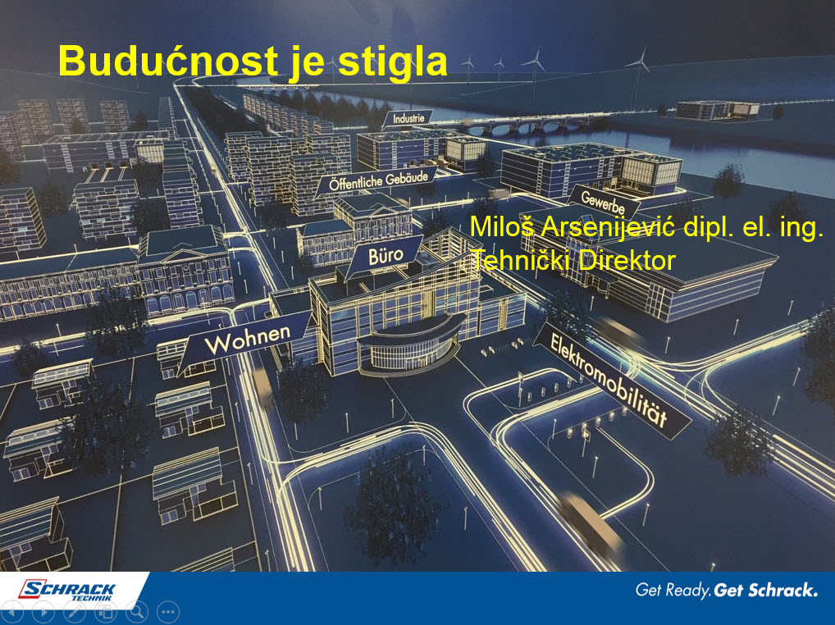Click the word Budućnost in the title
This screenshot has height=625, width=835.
tap(168, 61)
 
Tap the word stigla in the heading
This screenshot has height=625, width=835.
tap(392, 63)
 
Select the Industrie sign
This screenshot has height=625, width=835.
tap(408, 119)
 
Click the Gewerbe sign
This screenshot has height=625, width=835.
tap(603, 202)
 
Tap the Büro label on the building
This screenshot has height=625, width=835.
tap(385, 257)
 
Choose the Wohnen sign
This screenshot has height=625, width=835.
tap(245, 340)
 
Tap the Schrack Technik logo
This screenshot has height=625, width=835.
tap(67, 590)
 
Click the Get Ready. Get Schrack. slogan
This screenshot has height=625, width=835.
tap(727, 590)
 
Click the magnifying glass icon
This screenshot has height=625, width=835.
tap(137, 612)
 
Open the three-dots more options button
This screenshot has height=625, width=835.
tap(168, 612)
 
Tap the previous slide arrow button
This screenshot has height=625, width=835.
tap(12, 612)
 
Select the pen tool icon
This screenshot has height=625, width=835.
tap(75, 612)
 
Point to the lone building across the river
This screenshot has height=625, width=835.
tap(717, 109)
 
